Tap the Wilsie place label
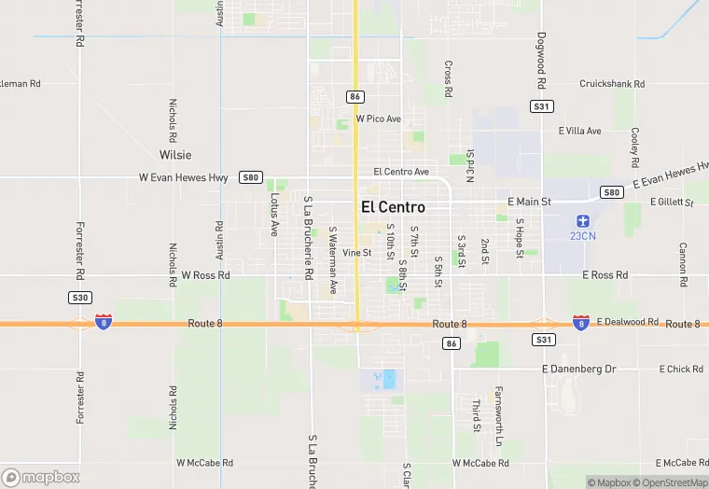174,155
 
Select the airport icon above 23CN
582,220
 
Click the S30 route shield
79,298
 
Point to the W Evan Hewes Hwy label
183,177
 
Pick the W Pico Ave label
378,119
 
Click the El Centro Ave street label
400,172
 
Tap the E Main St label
529,202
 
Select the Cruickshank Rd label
611,84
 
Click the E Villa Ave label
579,132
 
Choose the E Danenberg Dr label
578,370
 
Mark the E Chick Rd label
681,370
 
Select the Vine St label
356,253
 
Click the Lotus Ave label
274,215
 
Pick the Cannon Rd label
683,264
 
